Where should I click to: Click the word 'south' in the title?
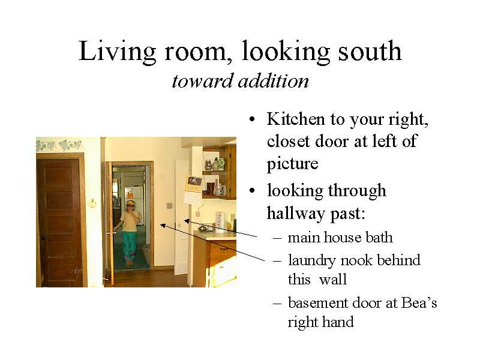coord(370,51)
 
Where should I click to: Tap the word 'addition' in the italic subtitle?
coord(274,81)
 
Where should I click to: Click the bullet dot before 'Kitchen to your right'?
coord(252,119)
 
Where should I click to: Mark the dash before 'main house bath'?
coord(277,238)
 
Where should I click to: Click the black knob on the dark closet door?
coord(43,238)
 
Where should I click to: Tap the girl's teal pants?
coord(130,245)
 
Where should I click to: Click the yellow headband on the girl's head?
coord(131,203)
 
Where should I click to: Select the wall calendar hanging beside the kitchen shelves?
coord(193,190)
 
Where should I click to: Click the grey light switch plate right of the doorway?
coord(169,205)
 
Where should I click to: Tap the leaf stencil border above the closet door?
coord(59,145)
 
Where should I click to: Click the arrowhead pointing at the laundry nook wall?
coord(163,226)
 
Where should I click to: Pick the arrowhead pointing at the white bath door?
coord(186,221)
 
